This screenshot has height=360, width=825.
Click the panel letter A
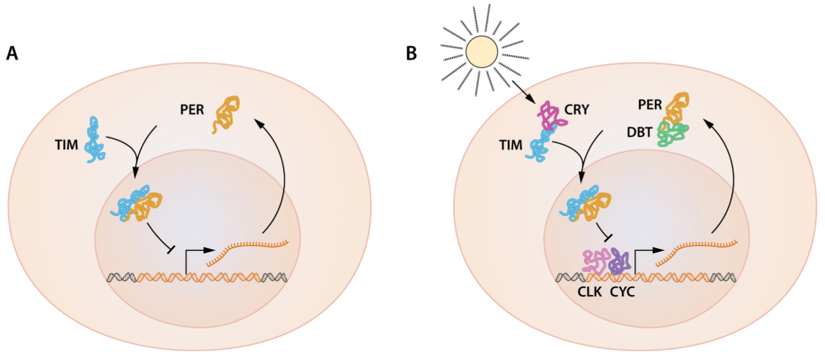12,54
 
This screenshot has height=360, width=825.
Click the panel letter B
412,54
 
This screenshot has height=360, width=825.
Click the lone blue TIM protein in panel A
95,139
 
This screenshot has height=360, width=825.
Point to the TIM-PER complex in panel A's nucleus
138,203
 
